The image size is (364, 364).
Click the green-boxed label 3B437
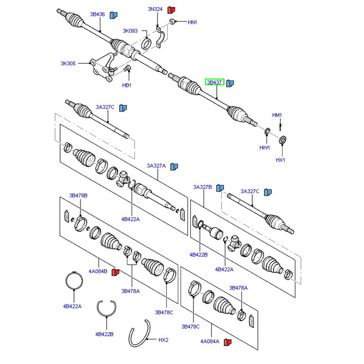214,82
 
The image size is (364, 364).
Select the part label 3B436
97,15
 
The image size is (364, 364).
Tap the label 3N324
155,9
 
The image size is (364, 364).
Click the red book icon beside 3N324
172,10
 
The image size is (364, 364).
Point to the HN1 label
192,22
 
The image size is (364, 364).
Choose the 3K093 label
130,31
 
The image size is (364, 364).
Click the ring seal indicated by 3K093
147,44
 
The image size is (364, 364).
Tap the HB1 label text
127,85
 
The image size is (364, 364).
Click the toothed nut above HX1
283,140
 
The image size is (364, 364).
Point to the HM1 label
277,115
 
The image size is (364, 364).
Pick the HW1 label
264,147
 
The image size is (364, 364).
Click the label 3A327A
156,166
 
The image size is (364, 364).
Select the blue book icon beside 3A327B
220,188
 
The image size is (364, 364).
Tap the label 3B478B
78,196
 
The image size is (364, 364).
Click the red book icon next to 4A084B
116,272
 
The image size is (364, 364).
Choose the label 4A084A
210,341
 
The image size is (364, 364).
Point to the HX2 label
163,340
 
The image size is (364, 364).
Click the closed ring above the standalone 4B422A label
74,281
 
